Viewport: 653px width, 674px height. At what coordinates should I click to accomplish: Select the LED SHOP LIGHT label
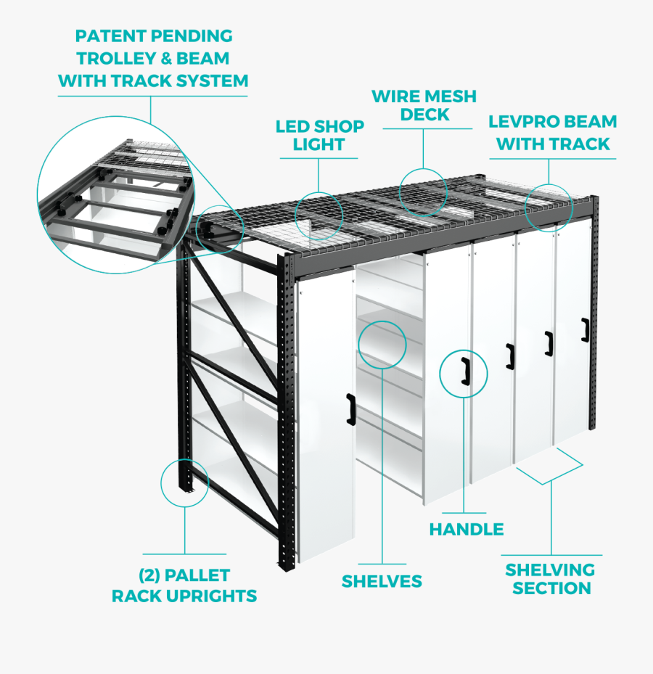tap(319, 136)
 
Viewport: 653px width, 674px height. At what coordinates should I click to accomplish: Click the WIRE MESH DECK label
tap(424, 105)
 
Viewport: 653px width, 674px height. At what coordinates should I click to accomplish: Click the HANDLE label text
tap(467, 529)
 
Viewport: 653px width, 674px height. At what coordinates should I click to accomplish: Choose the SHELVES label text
tap(382, 581)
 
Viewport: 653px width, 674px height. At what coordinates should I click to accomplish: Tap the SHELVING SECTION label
tap(551, 579)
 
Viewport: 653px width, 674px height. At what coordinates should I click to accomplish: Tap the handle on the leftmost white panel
tap(351, 408)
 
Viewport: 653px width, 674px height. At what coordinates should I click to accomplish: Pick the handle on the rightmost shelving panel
tap(584, 329)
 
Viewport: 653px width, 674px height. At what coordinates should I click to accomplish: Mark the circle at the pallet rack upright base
tap(185, 481)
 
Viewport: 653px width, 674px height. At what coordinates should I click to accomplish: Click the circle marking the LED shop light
tap(319, 215)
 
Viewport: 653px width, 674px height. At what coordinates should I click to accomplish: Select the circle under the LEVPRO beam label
tap(549, 207)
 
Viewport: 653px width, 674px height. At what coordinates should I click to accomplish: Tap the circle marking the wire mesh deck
tap(424, 192)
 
